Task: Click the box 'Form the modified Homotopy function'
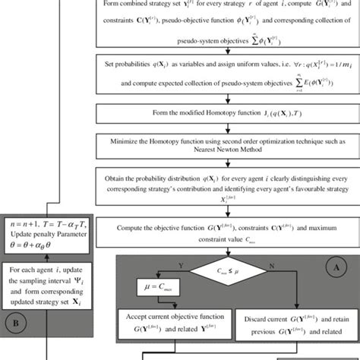(226, 114)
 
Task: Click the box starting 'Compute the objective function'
(226, 231)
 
